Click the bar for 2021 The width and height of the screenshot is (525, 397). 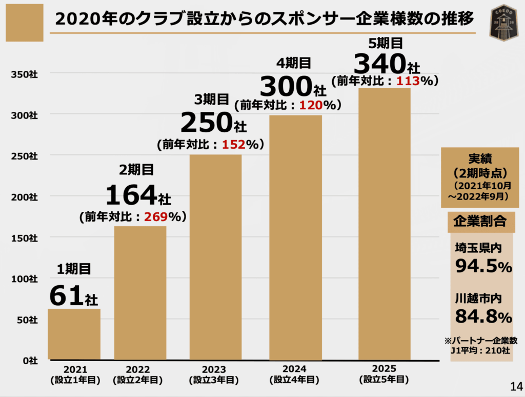point(74,334)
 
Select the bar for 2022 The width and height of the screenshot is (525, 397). point(140,293)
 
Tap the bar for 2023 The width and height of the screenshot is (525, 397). point(215,257)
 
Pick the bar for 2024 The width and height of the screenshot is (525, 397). point(295,237)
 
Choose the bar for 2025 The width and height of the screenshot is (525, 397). point(384,224)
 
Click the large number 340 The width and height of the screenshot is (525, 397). point(380,64)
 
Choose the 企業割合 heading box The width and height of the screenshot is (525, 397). point(480,221)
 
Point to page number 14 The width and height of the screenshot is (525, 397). point(515,386)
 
